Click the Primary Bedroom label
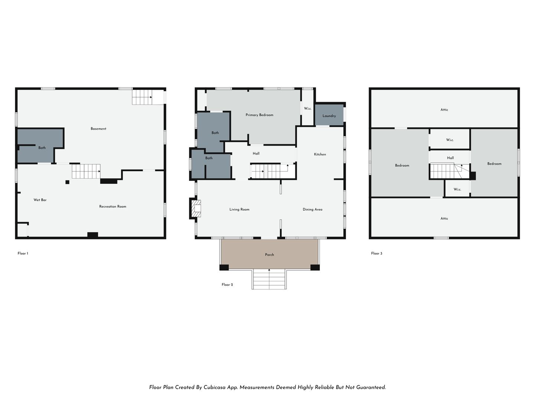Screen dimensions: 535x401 click(259, 115)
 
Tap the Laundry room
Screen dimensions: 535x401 click(329, 115)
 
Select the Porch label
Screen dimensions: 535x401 click(269, 255)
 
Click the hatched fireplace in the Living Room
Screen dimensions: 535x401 click(196, 208)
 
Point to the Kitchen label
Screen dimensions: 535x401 click(320, 154)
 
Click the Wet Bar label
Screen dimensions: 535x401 click(40, 200)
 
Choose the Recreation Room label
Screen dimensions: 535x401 click(113, 206)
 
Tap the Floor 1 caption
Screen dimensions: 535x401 click(23, 254)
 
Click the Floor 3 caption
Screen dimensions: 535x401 click(377, 254)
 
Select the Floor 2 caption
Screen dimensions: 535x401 click(227, 285)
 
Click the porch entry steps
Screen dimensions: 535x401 click(269, 279)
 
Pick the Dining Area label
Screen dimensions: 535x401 click(312, 209)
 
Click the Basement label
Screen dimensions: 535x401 click(98, 129)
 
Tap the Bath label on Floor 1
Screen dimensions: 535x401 click(42, 148)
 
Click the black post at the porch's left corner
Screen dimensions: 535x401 click(224, 267)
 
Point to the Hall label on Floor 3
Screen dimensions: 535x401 click(450, 158)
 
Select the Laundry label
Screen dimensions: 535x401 click(329, 116)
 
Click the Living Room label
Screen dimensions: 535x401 click(239, 209)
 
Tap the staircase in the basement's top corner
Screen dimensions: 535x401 click(142, 97)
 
